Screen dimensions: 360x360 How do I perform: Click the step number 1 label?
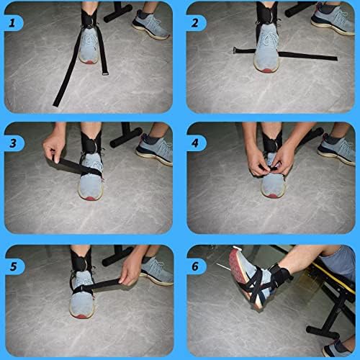pyautogui.click(x=12, y=23)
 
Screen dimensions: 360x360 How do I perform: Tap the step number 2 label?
pyautogui.click(x=195, y=23)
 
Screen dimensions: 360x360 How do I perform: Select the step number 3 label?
pyautogui.click(x=13, y=143)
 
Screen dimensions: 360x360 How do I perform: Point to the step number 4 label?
pyautogui.click(x=195, y=143)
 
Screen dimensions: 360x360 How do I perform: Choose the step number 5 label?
pyautogui.click(x=13, y=266)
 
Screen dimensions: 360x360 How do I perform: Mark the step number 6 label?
pyautogui.click(x=195, y=266)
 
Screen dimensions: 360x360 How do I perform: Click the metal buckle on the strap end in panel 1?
pyautogui.click(x=104, y=73)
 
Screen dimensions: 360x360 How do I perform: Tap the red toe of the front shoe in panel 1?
pyautogui.click(x=89, y=62)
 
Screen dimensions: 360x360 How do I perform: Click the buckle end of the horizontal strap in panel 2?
pyautogui.click(x=235, y=50)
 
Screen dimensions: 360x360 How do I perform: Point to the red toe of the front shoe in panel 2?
pyautogui.click(x=266, y=71)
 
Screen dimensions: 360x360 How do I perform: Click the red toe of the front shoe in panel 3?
pyautogui.click(x=90, y=198)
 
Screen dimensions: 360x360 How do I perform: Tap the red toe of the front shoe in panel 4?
pyautogui.click(x=273, y=196)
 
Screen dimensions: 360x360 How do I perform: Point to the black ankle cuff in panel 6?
pyautogui.click(x=280, y=275)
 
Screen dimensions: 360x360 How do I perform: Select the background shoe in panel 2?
pyautogui.click(x=333, y=19)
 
